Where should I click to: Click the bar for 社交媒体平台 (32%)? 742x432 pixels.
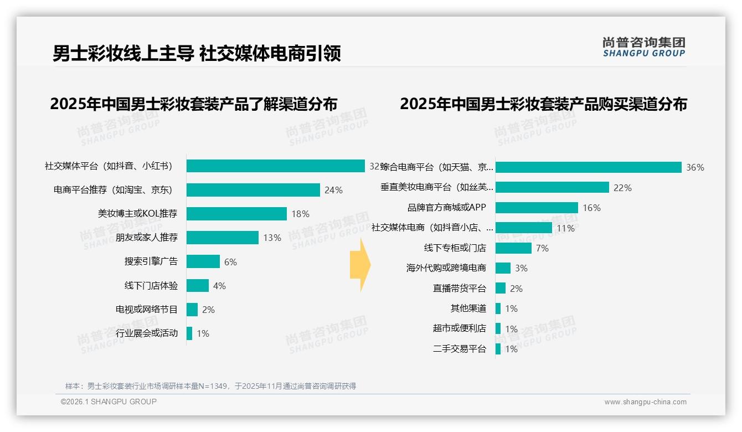(275, 166)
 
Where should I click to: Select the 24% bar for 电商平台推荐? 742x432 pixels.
(253, 190)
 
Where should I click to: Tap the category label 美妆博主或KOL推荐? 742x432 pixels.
(138, 214)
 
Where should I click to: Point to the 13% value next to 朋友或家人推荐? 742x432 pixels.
(272, 238)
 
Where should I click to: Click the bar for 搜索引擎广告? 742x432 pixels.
(203, 261)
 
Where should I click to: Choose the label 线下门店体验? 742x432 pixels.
(151, 286)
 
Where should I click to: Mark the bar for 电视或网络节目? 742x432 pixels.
(192, 310)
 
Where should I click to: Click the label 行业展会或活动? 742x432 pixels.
(147, 333)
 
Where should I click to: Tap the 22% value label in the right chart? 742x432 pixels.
(622, 188)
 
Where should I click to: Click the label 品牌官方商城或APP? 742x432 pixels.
(446, 208)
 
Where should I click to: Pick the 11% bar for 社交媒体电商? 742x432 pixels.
(523, 228)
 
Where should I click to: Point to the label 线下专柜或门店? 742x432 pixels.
(455, 248)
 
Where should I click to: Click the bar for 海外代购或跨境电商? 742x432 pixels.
(503, 268)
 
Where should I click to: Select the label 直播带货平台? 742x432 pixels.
(459, 289)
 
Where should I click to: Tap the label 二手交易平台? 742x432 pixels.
(459, 349)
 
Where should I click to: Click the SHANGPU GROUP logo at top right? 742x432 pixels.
(643, 47)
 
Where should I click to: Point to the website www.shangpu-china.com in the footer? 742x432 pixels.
(645, 402)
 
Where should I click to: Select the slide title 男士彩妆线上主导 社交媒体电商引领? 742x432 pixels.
(197, 54)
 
